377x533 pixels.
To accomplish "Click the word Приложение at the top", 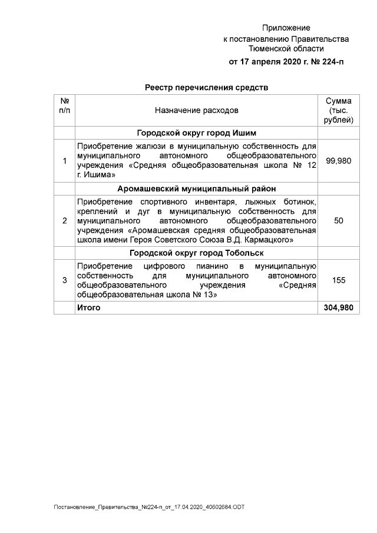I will pos(286,28).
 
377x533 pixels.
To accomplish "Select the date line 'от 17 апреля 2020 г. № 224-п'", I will pos(286,61).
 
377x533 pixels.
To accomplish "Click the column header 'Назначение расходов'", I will pos(197,110).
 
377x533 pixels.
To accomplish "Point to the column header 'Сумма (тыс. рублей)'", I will pos(339,110).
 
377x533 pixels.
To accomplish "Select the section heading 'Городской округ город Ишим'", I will pos(197,133).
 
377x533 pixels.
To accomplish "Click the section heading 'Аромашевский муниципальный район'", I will pos(197,188).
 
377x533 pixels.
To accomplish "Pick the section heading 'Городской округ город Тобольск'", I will pos(197,253).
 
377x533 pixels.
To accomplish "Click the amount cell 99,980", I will pos(339,161).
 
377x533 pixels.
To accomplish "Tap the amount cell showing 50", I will pos(339,220).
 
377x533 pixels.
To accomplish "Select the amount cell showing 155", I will pos(339,280).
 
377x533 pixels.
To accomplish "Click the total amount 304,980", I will pos(339,308).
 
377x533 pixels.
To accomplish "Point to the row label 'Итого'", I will pos(89,308).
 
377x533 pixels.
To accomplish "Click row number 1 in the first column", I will pos(64,161).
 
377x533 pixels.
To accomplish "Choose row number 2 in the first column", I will pos(64,220).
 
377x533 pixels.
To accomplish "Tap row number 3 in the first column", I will pos(64,280).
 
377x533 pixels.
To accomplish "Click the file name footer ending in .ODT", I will pos(148,507).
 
